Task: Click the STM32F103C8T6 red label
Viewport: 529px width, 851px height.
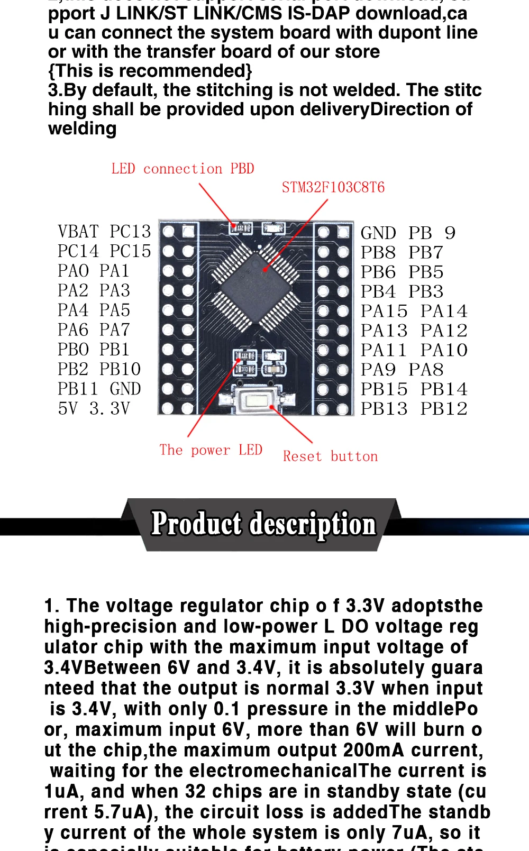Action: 333,187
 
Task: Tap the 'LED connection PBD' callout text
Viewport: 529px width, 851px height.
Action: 183,169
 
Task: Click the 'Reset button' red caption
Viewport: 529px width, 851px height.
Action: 330,456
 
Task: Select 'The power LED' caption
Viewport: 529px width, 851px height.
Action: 211,450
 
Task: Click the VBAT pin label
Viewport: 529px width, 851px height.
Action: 78,232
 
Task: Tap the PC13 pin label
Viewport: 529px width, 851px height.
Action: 130,232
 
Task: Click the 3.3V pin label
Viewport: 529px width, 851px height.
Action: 110,408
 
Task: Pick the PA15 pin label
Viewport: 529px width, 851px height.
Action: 384,311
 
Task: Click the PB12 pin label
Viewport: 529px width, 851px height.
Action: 444,409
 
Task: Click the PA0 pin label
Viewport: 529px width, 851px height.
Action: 73,271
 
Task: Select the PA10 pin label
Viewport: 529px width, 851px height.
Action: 444,350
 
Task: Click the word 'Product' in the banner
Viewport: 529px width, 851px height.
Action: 196,524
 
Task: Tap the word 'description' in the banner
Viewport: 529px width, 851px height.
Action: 313,525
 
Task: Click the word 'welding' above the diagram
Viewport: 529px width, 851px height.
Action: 82,129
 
